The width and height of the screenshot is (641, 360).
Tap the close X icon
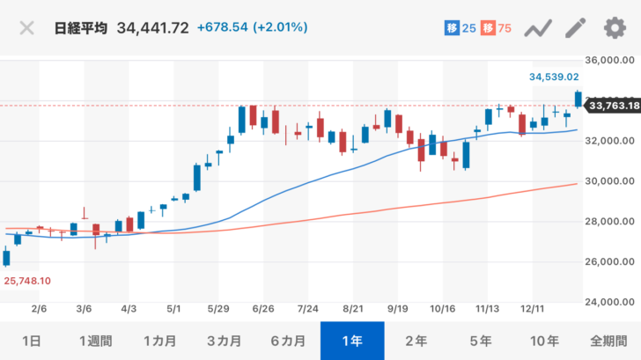(x=27, y=27)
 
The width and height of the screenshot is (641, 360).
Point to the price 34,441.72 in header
(x=151, y=28)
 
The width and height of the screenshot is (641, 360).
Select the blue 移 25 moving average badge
(x=460, y=28)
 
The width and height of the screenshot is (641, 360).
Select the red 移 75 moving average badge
(x=497, y=28)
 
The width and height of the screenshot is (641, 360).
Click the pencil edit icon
(x=576, y=28)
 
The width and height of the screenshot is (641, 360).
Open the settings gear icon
(x=615, y=28)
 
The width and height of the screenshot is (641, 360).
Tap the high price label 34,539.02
(x=553, y=77)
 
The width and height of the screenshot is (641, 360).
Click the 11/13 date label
(x=487, y=311)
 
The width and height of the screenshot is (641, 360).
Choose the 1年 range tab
(x=352, y=341)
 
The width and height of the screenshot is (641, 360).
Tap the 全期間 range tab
(x=609, y=341)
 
